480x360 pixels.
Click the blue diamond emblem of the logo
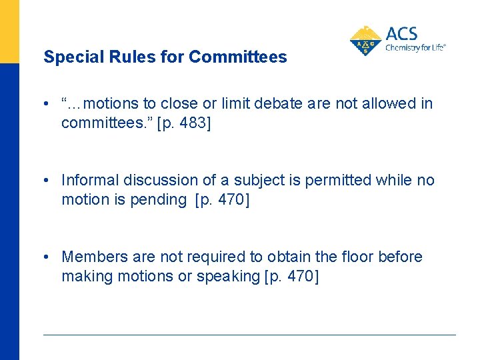pyautogui.click(x=366, y=41)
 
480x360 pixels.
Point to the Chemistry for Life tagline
pyautogui.click(x=415, y=48)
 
